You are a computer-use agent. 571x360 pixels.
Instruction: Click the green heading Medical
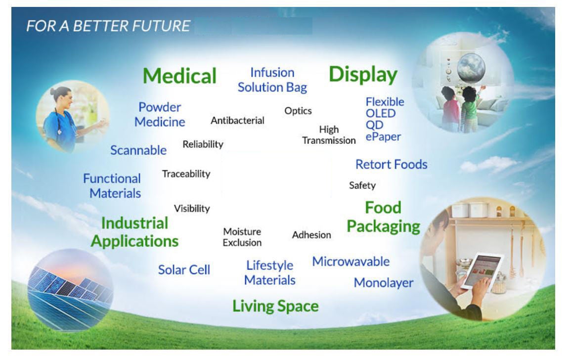tap(179, 76)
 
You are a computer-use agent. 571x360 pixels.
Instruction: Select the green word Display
tap(363, 75)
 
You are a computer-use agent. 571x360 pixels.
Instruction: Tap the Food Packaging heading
tap(383, 218)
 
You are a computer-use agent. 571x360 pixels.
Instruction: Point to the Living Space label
tap(275, 306)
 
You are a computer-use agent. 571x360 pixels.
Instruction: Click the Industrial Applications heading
tap(135, 232)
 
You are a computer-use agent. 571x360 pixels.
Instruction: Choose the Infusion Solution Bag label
tap(272, 80)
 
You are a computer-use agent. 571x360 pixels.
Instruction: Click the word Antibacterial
tap(237, 121)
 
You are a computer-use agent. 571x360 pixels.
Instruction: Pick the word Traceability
tap(186, 174)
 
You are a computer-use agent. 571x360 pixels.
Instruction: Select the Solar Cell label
tap(184, 270)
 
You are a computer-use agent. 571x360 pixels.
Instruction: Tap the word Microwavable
tap(351, 261)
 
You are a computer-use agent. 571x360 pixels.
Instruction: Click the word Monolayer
tap(384, 283)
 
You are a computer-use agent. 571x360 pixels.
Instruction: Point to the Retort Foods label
tap(392, 164)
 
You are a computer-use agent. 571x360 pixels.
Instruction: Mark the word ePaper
tap(383, 137)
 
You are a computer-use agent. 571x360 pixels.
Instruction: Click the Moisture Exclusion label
tap(242, 237)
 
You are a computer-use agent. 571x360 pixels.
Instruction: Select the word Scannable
tap(138, 150)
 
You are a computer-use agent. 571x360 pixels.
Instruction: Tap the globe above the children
tap(471, 67)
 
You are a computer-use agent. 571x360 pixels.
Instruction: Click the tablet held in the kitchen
tap(483, 271)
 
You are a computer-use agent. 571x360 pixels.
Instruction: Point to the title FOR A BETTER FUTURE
tap(108, 26)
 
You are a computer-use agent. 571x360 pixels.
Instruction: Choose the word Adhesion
tap(311, 235)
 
